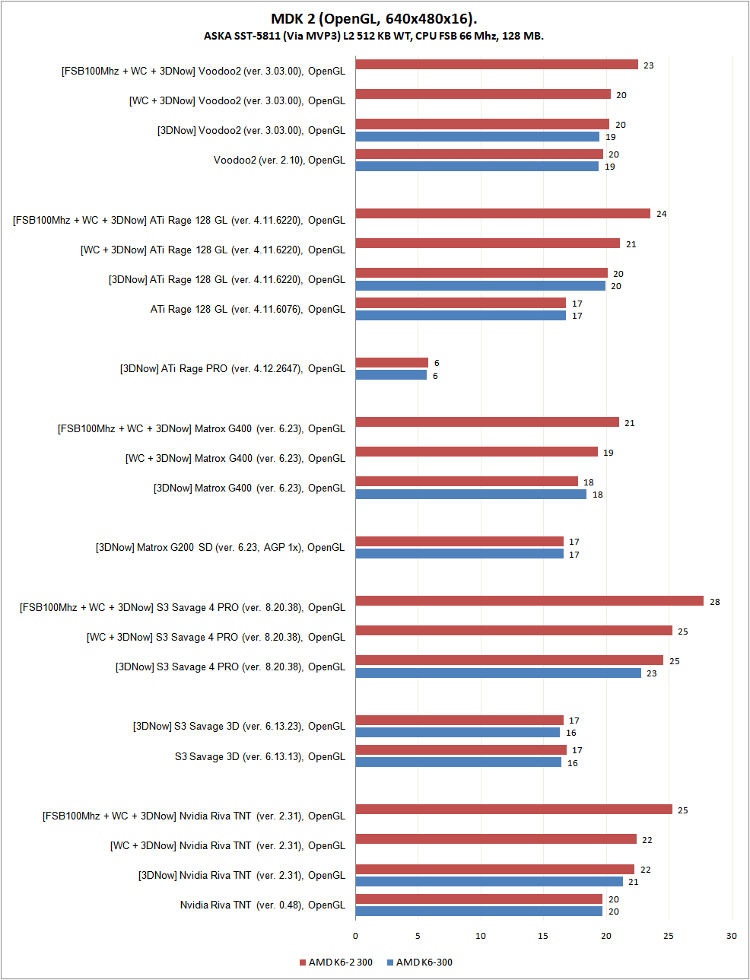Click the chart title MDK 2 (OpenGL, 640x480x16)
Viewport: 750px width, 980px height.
tap(374, 19)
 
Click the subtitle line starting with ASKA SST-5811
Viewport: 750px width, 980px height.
tap(374, 36)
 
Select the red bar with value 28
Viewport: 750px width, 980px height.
tap(529, 601)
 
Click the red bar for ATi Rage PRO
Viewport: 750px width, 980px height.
tap(392, 363)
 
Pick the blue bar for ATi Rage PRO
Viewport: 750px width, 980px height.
tap(391, 375)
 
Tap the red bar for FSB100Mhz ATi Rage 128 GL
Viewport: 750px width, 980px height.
tap(503, 214)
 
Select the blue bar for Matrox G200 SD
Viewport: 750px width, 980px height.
tap(459, 554)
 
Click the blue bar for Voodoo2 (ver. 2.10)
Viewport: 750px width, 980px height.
tap(477, 166)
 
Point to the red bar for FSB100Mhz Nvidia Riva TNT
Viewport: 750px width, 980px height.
tap(513, 810)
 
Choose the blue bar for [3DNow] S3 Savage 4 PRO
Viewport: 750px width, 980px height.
tap(498, 673)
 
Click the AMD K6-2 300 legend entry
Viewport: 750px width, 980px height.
tap(335, 963)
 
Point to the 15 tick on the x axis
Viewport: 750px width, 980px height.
tap(543, 936)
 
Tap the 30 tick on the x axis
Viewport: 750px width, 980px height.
tap(731, 936)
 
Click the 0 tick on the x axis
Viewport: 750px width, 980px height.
tap(355, 936)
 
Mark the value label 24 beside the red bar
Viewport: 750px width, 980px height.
tap(661, 214)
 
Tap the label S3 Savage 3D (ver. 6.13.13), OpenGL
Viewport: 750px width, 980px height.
tap(260, 756)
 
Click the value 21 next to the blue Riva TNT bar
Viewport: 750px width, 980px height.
tap(633, 882)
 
